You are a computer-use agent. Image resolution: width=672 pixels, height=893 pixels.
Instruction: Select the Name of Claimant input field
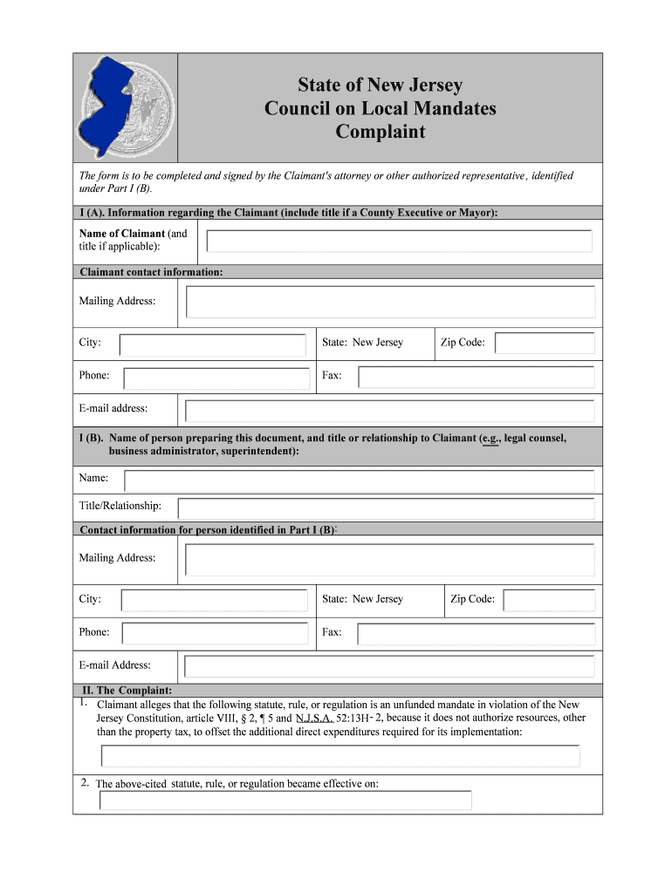coord(399,241)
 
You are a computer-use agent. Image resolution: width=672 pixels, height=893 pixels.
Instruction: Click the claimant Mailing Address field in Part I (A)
coord(390,302)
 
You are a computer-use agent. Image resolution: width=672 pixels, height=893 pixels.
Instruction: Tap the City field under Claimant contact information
coord(212,344)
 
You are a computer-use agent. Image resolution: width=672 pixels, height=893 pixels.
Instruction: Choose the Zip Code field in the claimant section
coord(545,344)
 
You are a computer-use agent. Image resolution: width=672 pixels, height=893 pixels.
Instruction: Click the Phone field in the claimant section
coord(216,378)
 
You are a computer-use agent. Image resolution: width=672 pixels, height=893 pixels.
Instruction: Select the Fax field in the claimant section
coord(477,377)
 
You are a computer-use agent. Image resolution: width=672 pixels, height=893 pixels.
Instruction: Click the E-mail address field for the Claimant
coord(390,410)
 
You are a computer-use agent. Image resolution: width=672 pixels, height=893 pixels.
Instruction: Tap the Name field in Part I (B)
coord(360,481)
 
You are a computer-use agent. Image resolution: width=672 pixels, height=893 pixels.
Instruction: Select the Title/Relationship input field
coord(386,508)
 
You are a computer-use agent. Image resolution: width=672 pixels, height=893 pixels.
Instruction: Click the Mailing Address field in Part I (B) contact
coord(390,559)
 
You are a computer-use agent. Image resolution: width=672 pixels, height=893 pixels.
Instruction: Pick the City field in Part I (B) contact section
coord(214,600)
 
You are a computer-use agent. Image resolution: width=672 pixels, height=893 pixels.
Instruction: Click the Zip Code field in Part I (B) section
coord(550,600)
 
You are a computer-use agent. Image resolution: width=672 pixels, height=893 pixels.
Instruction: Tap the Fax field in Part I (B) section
coord(477,634)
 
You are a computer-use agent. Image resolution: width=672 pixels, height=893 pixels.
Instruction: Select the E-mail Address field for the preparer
coord(390,667)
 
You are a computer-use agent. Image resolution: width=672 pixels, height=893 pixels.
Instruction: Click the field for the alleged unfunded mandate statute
coord(340,756)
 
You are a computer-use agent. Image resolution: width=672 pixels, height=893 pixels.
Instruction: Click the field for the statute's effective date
coord(285,800)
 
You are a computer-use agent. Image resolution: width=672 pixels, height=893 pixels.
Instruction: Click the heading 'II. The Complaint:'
coord(127,691)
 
